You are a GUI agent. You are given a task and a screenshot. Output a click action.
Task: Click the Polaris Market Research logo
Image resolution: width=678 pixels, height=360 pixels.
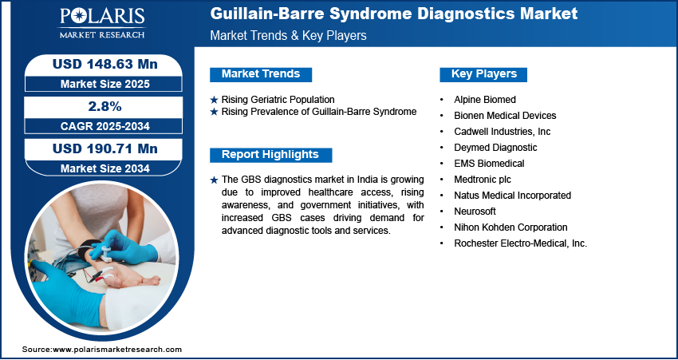102,23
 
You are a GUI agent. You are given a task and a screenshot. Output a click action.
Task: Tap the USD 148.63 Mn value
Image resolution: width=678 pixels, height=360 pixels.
105,65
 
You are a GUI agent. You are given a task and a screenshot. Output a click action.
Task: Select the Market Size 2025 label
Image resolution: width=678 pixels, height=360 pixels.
105,84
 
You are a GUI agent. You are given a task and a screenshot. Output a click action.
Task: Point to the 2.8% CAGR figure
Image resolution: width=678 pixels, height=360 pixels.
105,107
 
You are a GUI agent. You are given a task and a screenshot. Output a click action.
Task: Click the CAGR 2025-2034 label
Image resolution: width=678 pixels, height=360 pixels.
105,126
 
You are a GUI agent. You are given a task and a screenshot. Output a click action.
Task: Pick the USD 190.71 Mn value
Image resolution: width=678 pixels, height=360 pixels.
105,148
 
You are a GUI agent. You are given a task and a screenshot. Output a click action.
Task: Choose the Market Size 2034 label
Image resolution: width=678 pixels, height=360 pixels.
105,168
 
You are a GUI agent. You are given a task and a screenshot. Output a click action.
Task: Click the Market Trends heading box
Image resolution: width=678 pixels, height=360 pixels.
261,74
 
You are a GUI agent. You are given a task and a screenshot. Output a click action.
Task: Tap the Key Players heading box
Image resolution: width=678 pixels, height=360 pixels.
483,74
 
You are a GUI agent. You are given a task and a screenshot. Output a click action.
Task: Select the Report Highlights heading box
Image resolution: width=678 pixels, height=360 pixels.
270,155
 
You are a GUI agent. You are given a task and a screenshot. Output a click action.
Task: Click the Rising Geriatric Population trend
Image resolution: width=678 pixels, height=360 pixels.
278,100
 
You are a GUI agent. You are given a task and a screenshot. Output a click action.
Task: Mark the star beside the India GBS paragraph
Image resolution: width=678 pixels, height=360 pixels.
214,180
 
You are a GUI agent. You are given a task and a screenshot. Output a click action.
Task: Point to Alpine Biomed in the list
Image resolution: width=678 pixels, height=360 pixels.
485,100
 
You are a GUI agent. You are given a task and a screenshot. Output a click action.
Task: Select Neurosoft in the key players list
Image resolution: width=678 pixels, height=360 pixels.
475,212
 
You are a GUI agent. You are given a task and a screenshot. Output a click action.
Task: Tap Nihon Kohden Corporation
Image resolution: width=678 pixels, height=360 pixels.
510,227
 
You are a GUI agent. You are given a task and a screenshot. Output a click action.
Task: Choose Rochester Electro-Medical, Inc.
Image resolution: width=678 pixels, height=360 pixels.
521,243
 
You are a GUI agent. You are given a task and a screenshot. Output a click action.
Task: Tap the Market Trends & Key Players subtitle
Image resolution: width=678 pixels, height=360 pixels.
289,35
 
